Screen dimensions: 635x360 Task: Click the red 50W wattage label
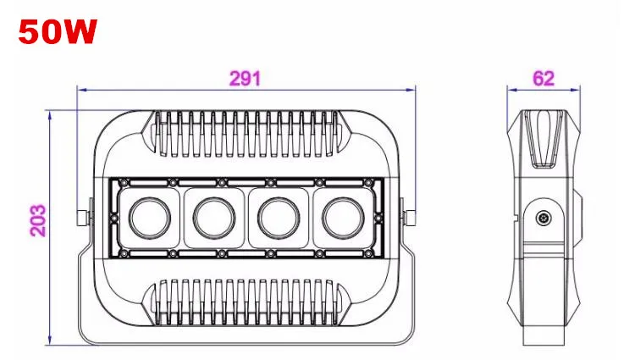[x=58, y=31]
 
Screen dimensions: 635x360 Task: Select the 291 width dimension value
[x=245, y=78]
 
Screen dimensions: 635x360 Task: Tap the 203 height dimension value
[x=38, y=220]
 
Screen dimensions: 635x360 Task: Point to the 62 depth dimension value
[x=544, y=78]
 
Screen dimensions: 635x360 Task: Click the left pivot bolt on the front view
[x=83, y=218]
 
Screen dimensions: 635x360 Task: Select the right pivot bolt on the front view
[x=410, y=218]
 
